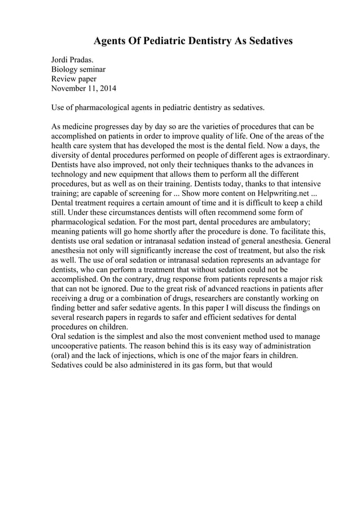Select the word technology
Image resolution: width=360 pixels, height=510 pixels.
pyautogui.click(x=71, y=175)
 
